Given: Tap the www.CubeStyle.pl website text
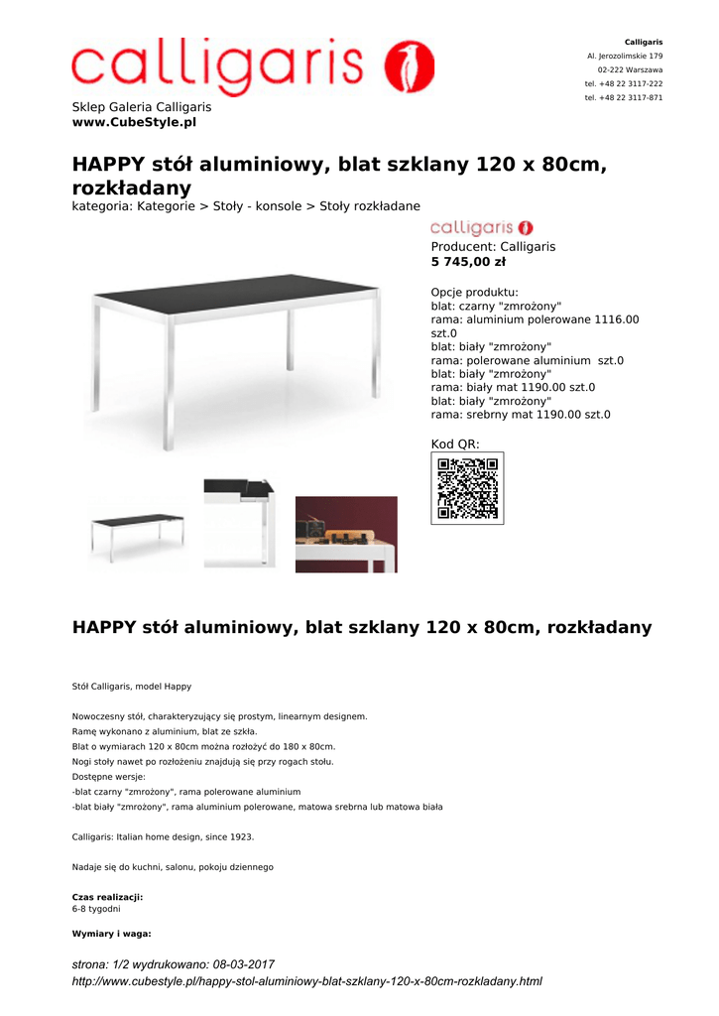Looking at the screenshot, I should pyautogui.click(x=134, y=122).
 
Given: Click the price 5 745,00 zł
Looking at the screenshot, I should pyautogui.click(x=468, y=262).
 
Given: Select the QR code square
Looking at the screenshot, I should pyautogui.click(x=467, y=487).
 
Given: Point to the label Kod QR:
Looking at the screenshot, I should pyautogui.click(x=455, y=444).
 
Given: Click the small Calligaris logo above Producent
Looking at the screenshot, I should pyautogui.click(x=481, y=227).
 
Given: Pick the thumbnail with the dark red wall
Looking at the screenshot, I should pyautogui.click(x=346, y=534).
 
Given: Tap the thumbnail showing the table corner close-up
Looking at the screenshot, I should pyautogui.click(x=240, y=523).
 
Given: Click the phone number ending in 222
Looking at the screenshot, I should pyautogui.click(x=624, y=83).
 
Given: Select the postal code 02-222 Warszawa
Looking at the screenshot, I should pyautogui.click(x=630, y=69).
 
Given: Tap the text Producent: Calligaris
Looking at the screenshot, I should pyautogui.click(x=493, y=246).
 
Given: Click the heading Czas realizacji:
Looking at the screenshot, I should pyautogui.click(x=107, y=897).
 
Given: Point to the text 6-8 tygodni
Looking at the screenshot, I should pyautogui.click(x=96, y=908).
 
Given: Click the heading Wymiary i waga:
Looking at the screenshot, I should pyautogui.click(x=111, y=934).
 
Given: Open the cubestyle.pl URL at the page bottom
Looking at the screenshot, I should pyautogui.click(x=306, y=981).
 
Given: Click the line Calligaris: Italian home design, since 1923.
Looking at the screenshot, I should pyautogui.click(x=163, y=836).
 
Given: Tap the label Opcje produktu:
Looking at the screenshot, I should pyautogui.click(x=474, y=292).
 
